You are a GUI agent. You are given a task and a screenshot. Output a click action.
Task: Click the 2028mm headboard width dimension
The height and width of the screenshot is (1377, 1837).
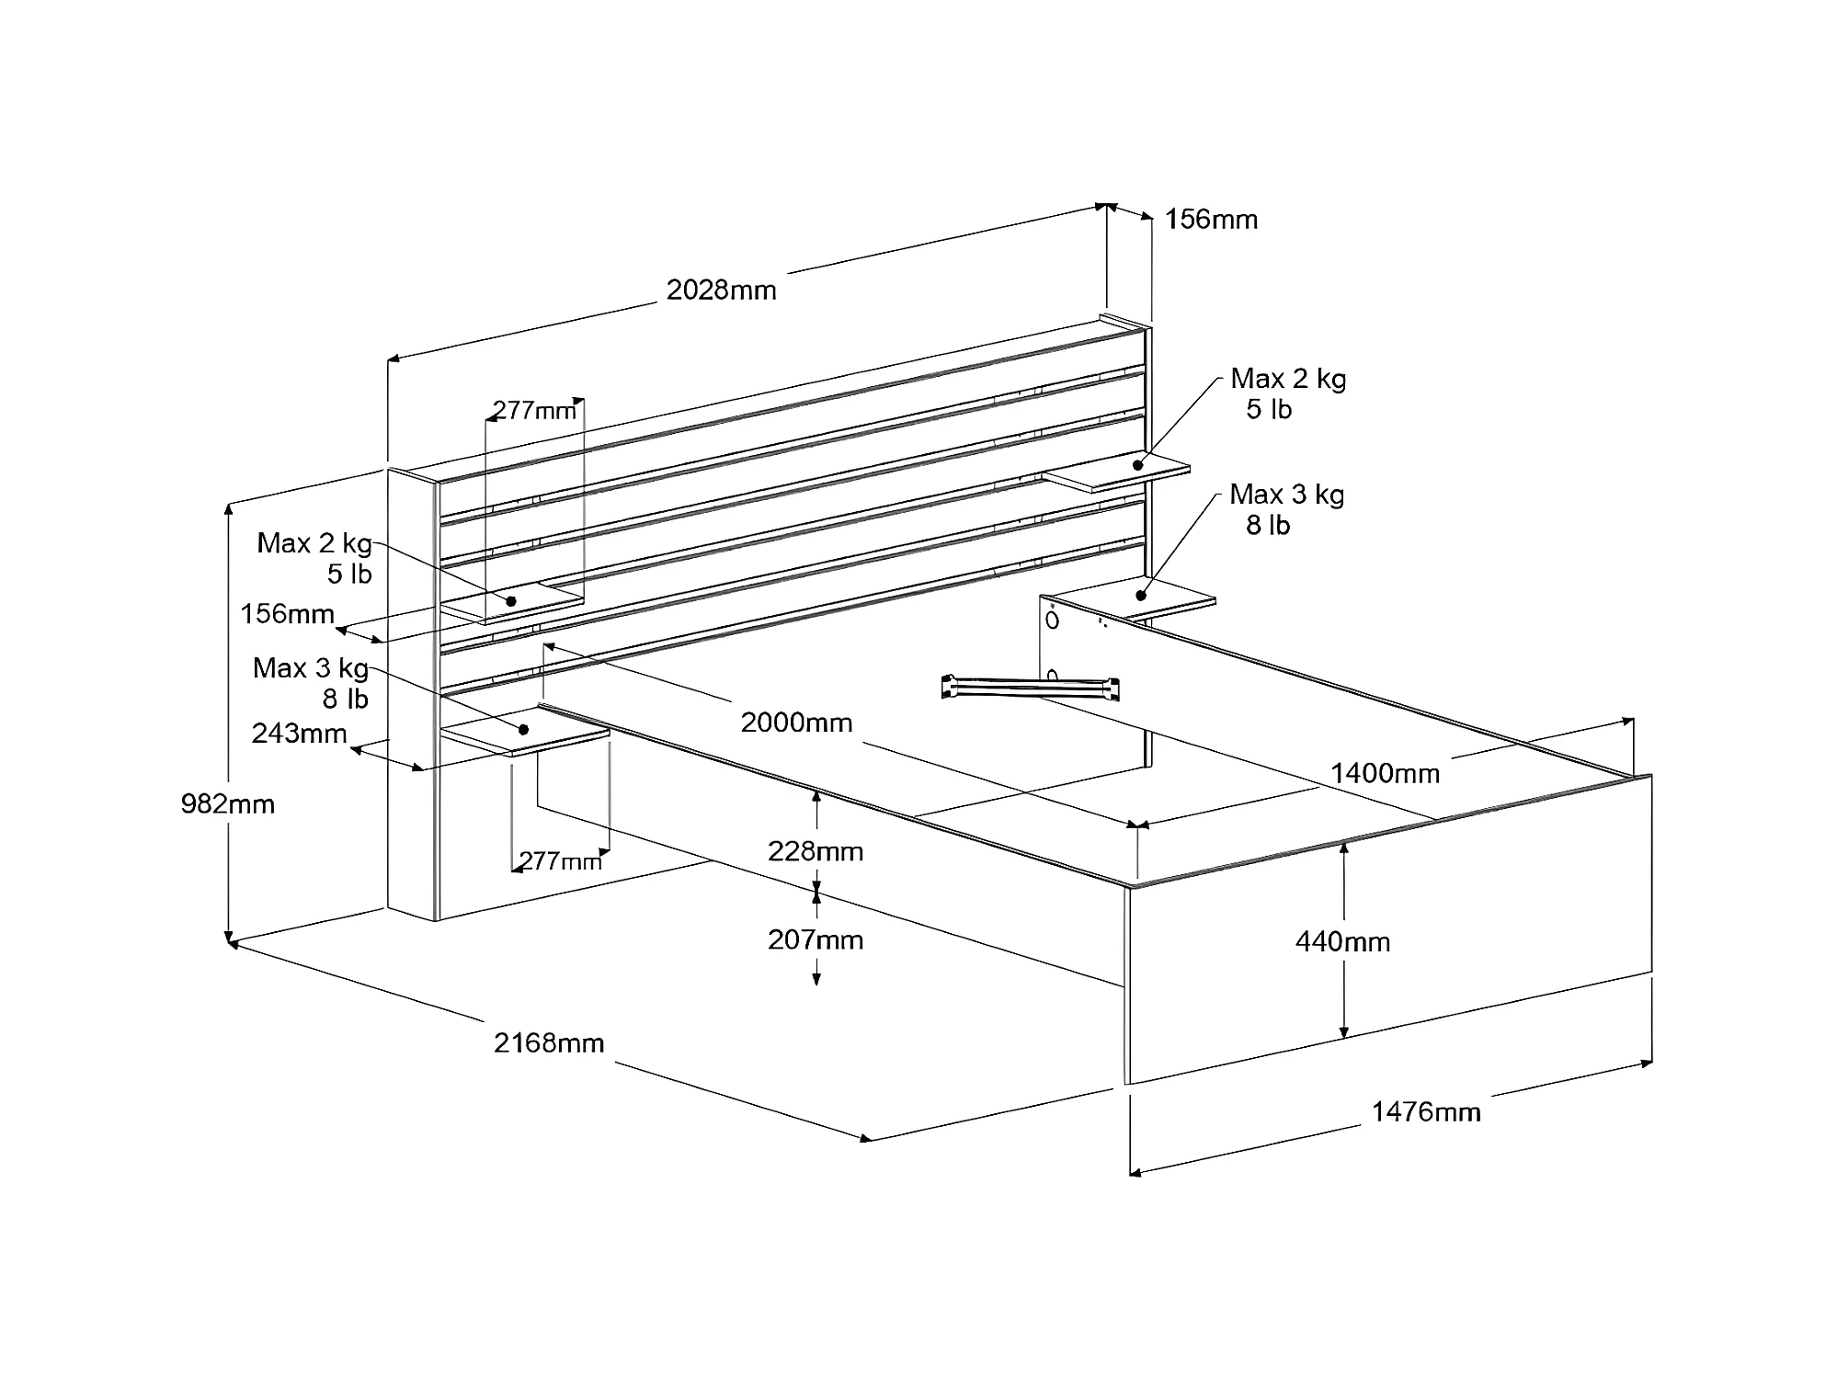pyautogui.click(x=721, y=290)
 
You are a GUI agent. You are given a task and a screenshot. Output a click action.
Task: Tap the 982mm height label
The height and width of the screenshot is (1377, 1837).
pyautogui.click(x=227, y=804)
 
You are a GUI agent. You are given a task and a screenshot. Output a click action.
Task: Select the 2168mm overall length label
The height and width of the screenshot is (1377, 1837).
pyautogui.click(x=549, y=1043)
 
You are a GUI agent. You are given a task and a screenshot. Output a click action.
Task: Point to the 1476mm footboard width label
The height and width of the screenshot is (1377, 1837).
pyautogui.click(x=1426, y=1112)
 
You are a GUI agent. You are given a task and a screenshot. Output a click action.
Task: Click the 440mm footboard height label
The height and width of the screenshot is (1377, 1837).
pyautogui.click(x=1342, y=942)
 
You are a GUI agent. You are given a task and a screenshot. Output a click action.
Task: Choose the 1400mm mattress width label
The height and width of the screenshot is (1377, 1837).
pyautogui.click(x=1385, y=774)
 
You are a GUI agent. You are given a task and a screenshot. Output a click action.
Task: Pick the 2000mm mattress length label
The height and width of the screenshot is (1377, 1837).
pyautogui.click(x=796, y=723)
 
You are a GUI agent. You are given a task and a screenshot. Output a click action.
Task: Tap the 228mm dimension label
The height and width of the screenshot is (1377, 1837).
pyautogui.click(x=816, y=852)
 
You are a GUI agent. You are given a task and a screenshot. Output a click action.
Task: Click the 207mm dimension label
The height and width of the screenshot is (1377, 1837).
pyautogui.click(x=816, y=940)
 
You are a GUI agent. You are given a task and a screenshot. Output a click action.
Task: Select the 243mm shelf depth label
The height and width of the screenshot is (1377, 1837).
pyautogui.click(x=299, y=734)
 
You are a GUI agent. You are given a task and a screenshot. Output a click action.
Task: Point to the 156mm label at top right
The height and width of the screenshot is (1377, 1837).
pyautogui.click(x=1211, y=220)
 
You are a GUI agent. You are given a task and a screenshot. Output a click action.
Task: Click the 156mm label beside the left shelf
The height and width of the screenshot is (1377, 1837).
pyautogui.click(x=287, y=614)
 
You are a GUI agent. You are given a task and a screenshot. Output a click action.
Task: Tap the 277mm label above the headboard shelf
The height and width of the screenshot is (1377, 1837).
pyautogui.click(x=534, y=410)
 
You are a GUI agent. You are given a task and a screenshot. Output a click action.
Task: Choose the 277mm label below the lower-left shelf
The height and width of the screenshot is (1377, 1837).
pyautogui.click(x=560, y=861)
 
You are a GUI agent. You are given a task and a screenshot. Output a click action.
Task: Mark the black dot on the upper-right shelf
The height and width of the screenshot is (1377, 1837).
pyautogui.click(x=1137, y=465)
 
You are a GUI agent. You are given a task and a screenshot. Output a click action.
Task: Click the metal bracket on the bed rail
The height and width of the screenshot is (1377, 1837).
pyautogui.click(x=1031, y=688)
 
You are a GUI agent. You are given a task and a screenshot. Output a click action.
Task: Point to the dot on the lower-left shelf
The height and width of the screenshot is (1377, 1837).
pyautogui.click(x=524, y=730)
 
